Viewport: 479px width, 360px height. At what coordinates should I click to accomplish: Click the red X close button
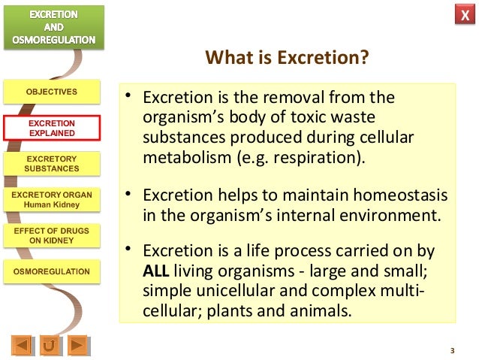pos(463,16)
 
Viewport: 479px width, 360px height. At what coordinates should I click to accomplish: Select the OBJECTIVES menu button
pos(52,92)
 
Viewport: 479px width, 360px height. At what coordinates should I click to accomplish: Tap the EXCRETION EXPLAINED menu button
pos(52,129)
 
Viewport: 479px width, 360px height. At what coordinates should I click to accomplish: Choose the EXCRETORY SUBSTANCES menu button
pos(52,164)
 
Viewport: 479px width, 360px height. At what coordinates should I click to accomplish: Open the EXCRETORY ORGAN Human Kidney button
pos(52,199)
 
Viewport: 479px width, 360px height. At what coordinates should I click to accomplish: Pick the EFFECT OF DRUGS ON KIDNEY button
pos(52,235)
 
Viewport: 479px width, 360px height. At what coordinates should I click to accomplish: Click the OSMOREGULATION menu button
pos(52,271)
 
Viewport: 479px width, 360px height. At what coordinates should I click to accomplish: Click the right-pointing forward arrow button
pos(77,346)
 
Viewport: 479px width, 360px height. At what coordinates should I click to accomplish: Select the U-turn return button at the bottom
pos(50,346)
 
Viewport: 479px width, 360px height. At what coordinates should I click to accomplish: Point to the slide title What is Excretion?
pos(288,58)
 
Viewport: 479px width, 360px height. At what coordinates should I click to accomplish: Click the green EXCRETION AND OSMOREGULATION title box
pos(52,27)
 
